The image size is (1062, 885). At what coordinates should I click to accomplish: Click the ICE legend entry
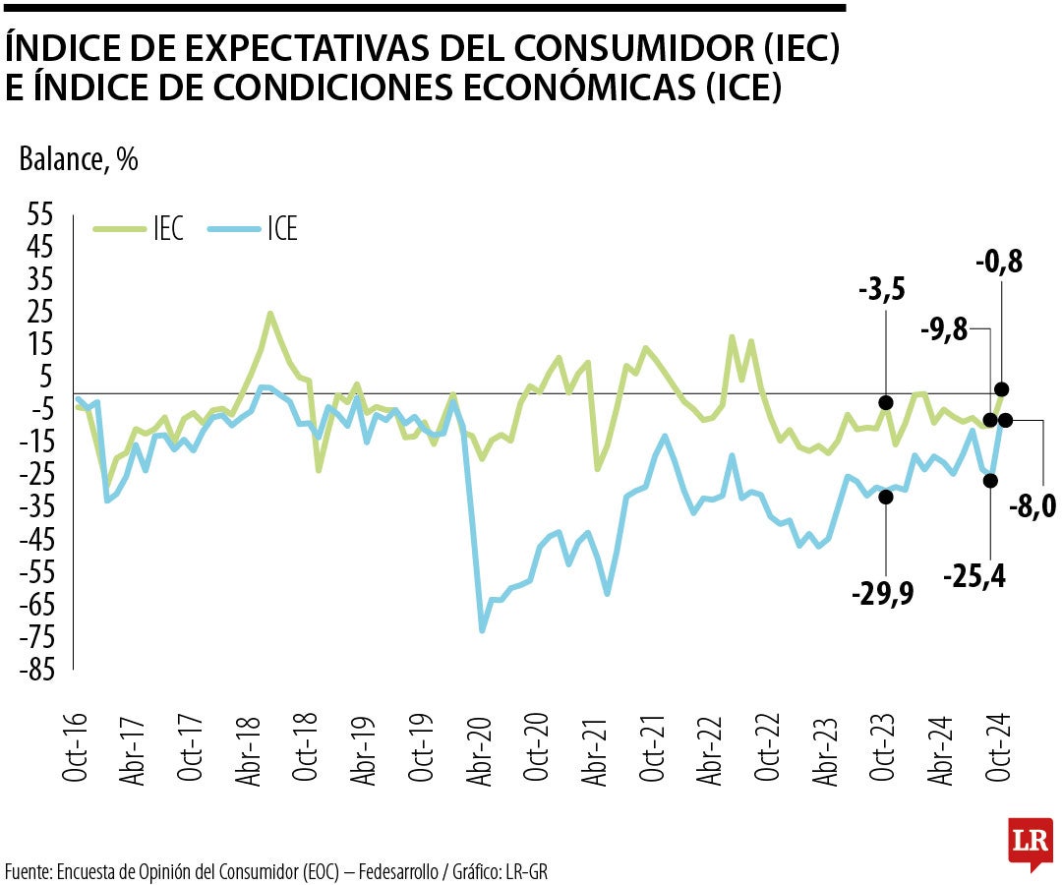pos(254,229)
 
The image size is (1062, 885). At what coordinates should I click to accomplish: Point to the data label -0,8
pos(999,262)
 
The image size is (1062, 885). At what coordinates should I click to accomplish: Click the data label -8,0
pos(1032,505)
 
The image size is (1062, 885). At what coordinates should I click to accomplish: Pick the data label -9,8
pos(943,331)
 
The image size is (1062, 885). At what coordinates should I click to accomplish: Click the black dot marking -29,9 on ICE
pos(886,497)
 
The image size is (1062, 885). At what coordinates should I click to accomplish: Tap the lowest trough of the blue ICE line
pos(482,630)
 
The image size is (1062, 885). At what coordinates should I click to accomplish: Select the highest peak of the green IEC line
pos(270,315)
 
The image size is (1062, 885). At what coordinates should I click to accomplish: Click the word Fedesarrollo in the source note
pos(400,871)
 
